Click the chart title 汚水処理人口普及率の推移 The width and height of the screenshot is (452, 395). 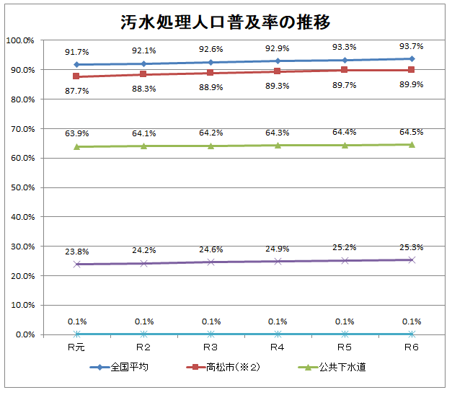(x=226, y=21)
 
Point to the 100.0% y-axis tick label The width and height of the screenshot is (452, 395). (x=20, y=40)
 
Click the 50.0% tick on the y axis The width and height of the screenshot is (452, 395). (x=22, y=187)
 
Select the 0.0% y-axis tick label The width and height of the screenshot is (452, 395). (x=24, y=334)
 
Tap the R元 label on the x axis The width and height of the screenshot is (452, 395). (x=76, y=347)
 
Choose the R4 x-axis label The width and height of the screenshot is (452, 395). (x=278, y=347)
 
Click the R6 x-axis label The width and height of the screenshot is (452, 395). (x=412, y=347)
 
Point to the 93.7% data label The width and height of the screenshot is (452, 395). (x=412, y=46)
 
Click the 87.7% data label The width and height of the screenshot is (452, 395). (x=76, y=91)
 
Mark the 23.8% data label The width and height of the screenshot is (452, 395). (x=76, y=252)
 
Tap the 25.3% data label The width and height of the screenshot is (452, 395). (x=412, y=247)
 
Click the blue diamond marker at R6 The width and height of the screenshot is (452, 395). (x=412, y=59)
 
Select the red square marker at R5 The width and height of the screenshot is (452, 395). (x=345, y=70)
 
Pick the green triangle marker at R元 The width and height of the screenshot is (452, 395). (x=76, y=146)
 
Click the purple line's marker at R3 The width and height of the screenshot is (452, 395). (x=211, y=262)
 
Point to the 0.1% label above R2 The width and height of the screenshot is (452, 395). (x=143, y=321)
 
